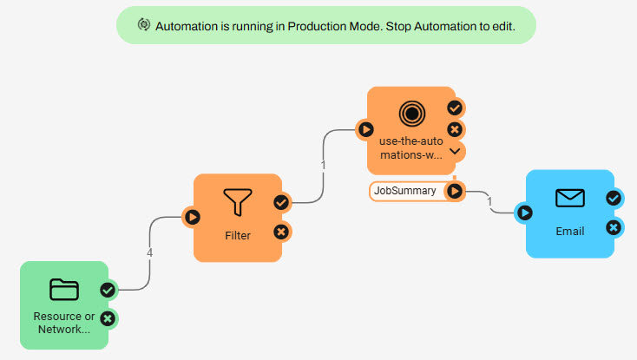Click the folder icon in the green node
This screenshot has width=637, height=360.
(64, 289)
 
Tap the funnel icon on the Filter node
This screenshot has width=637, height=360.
(237, 202)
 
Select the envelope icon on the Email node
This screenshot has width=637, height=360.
(570, 199)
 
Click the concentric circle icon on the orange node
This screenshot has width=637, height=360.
(411, 114)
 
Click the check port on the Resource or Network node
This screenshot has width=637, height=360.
(108, 290)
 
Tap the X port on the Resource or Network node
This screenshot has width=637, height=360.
(108, 318)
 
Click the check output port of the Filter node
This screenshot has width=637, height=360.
(281, 202)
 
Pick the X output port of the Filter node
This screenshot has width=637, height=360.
(281, 231)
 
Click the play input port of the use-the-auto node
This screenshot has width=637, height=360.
(366, 130)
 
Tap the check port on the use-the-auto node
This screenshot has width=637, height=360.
(455, 108)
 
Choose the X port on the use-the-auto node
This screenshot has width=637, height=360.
(455, 130)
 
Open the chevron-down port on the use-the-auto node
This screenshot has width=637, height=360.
(455, 151)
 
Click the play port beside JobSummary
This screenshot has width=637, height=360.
(455, 191)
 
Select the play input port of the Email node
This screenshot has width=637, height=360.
(525, 212)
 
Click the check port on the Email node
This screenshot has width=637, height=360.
(614, 198)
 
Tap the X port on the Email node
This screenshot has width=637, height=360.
(614, 227)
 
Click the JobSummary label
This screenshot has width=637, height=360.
(405, 191)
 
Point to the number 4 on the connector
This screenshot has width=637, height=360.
(150, 254)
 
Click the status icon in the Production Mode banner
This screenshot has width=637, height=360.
(144, 25)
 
